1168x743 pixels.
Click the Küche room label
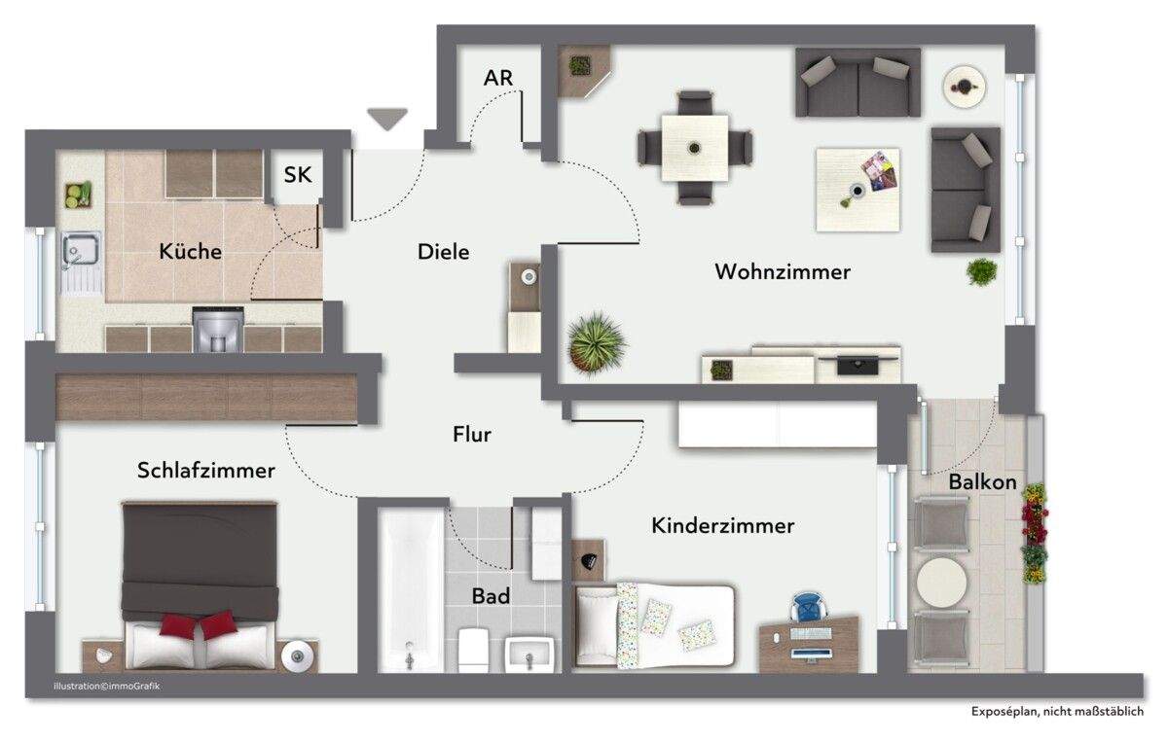190,252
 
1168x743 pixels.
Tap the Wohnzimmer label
782,272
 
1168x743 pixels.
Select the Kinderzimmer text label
722,526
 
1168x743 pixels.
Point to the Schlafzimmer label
205,471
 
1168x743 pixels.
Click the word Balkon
982,482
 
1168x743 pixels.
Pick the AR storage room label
498,78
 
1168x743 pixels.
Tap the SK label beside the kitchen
297,175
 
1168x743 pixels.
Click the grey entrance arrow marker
387,119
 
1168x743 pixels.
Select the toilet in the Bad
474,649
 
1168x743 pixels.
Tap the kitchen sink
77,252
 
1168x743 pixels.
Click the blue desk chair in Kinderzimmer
807,607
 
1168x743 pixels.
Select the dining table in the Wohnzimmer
694,148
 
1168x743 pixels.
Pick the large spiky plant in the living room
596,341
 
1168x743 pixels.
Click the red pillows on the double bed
199,625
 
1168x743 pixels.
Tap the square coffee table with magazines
858,189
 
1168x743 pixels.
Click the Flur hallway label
472,435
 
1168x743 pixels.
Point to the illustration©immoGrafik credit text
107,688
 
